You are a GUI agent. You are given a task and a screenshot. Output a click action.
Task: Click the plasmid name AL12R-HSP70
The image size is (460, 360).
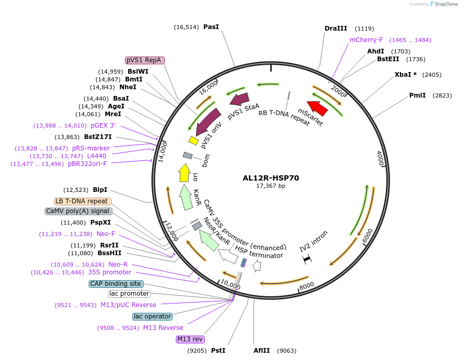coord(271,178)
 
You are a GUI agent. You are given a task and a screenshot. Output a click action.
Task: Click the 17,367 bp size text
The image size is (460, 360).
coord(271,186)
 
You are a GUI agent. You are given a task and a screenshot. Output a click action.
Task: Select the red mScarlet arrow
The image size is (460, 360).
coord(317,108)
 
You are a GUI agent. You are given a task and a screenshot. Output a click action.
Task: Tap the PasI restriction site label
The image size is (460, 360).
coord(211,26)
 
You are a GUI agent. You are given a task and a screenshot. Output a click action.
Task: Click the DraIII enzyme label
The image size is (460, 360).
coord(336,29)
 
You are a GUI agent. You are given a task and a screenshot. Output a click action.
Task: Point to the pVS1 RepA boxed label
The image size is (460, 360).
coord(145,60)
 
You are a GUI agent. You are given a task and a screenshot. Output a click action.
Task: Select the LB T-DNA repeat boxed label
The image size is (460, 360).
coord(82,201)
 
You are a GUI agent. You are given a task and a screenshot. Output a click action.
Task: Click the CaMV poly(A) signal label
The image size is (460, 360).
coord(78,211)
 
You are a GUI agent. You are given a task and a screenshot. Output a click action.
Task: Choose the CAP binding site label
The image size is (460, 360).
coord(115,284)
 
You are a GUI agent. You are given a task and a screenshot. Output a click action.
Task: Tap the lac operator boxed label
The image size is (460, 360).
coord(152,316)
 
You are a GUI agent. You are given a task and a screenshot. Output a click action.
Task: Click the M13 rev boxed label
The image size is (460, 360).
coord(190,339)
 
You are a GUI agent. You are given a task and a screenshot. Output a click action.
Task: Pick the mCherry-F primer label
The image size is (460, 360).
coord(366,40)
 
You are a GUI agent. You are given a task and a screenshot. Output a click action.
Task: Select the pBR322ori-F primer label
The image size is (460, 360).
coord(88,164)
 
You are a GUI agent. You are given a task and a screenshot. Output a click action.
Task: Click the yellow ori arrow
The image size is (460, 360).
coord(184,173)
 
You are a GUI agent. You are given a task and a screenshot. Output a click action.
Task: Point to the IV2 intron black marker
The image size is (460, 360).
coord(306,258)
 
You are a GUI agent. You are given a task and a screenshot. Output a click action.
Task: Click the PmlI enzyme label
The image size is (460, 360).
coord(417,95)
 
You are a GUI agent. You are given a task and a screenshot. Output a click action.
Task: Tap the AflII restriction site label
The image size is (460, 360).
coord(262,351)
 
